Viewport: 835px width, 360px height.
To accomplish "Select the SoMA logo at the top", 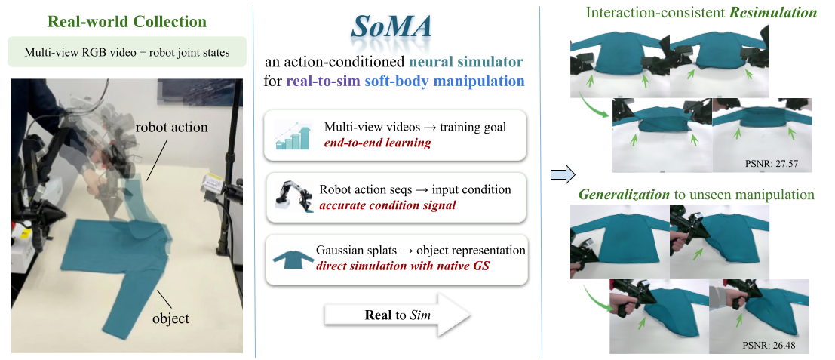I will coord(392,34).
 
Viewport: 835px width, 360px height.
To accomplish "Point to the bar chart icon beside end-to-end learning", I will coord(293,136).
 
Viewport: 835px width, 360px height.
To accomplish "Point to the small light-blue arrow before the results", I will coord(561,175).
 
